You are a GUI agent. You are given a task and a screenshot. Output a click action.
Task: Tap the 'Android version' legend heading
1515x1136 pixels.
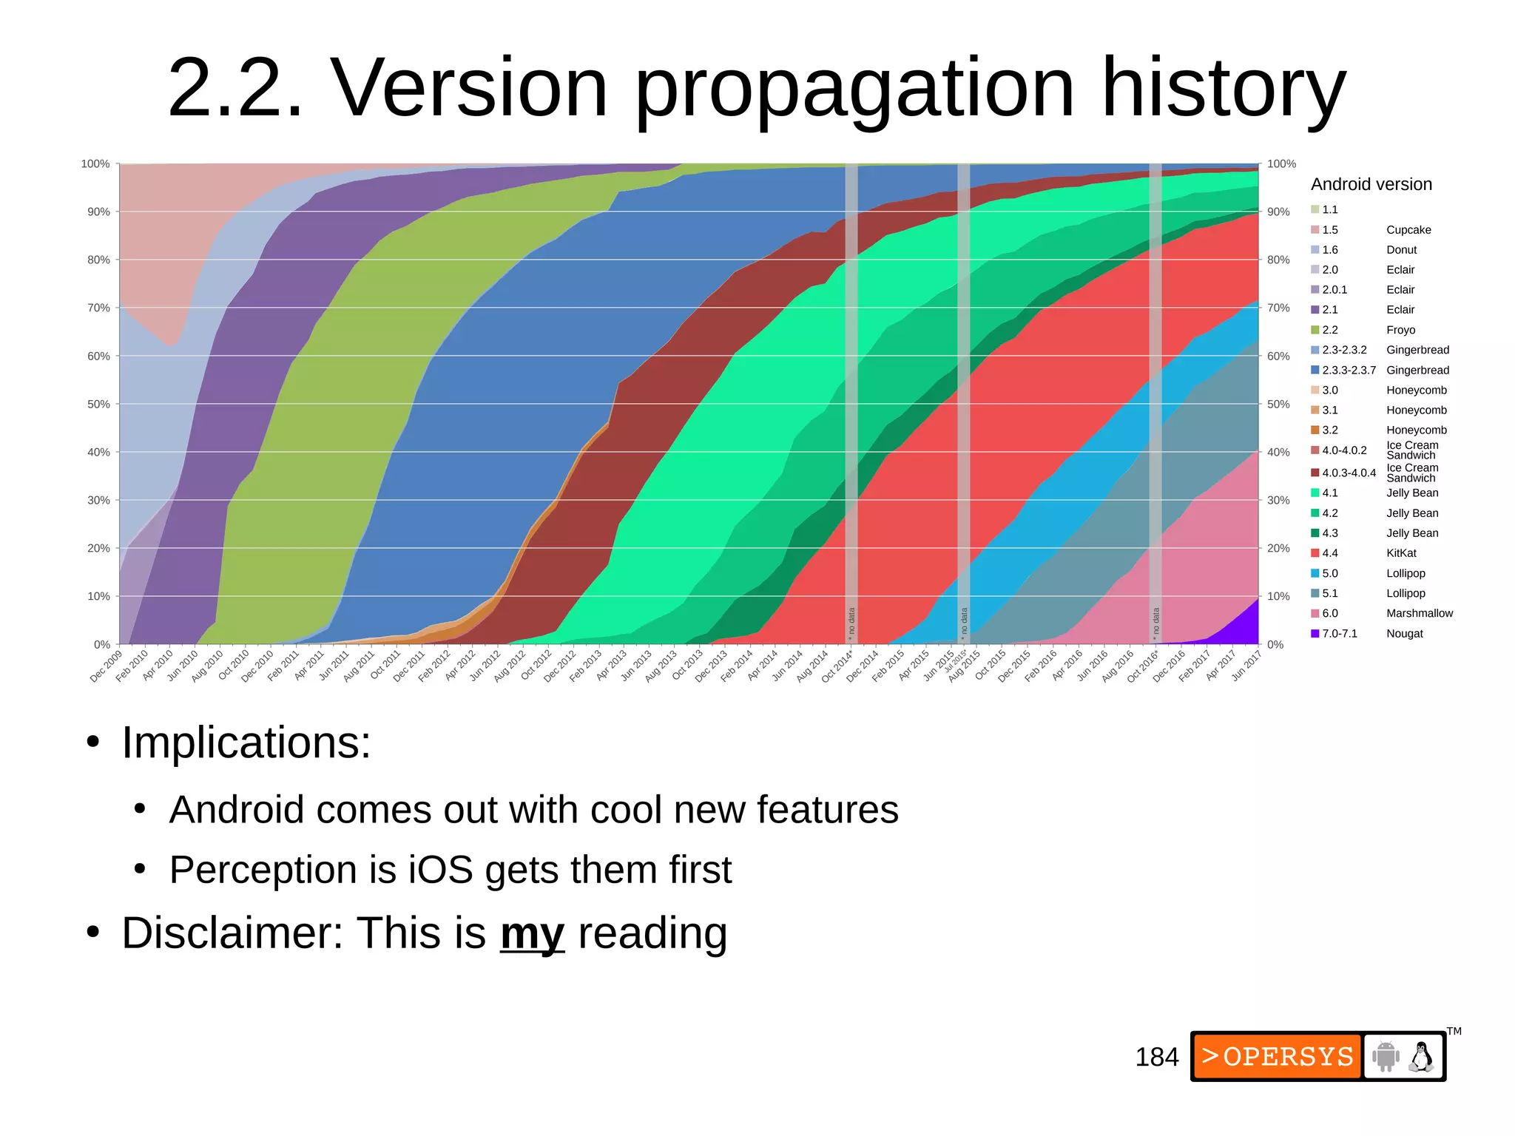click(x=1371, y=184)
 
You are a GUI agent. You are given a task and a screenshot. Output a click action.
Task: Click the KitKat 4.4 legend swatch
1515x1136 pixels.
click(x=1315, y=553)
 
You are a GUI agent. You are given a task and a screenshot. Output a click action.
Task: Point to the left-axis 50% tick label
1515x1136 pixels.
click(x=98, y=405)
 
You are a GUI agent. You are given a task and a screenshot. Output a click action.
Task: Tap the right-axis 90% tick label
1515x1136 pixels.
click(x=1278, y=212)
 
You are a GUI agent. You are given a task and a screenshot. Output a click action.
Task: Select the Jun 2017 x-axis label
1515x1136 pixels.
click(x=1246, y=664)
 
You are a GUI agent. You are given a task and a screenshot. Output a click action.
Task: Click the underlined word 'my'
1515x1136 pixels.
click(x=532, y=933)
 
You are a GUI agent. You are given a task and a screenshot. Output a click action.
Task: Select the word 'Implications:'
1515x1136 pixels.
click(x=246, y=743)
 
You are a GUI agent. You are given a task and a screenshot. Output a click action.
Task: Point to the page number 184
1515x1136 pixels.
click(x=1156, y=1058)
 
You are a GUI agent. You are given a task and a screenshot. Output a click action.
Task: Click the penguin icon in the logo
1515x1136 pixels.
click(x=1420, y=1057)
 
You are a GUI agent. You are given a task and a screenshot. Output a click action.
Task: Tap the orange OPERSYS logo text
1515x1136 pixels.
click(x=1278, y=1057)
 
